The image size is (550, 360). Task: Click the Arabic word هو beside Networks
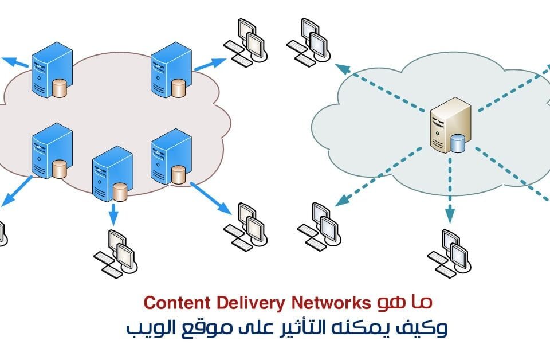390,302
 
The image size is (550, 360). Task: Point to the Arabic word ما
425,302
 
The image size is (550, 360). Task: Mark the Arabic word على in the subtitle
244,329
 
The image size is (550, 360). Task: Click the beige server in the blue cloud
449,124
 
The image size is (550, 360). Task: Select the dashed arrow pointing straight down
450,189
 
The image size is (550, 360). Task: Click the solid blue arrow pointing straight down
113,213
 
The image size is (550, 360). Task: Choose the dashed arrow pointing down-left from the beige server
381,175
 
